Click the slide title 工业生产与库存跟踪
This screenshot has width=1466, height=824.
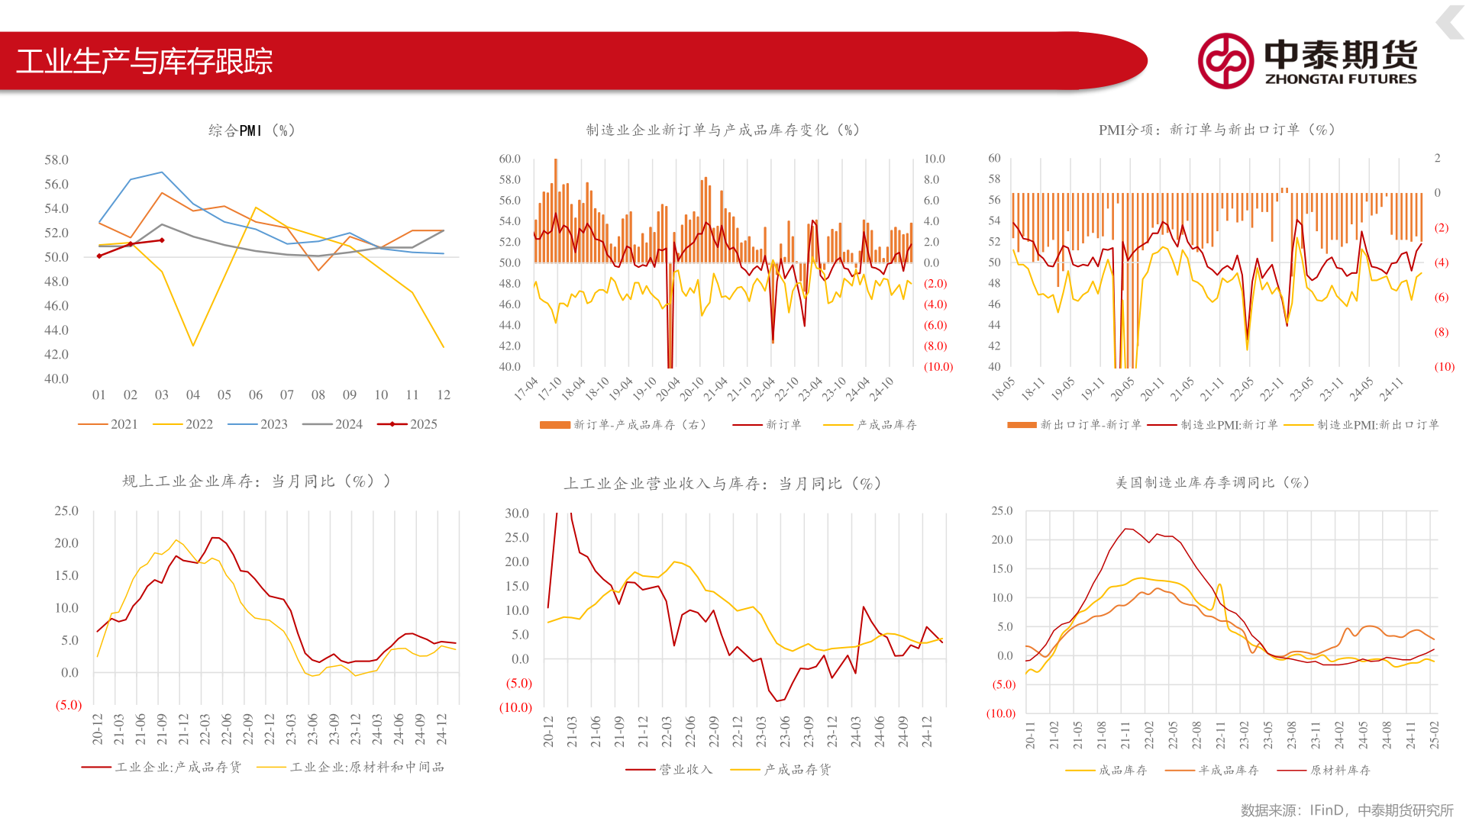[x=144, y=61]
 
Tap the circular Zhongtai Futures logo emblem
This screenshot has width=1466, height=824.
[x=1225, y=61]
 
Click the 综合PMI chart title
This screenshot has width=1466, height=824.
[x=252, y=130]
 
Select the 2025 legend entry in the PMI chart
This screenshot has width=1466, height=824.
[x=407, y=424]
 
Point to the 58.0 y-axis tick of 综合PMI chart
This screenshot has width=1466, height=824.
[x=57, y=159]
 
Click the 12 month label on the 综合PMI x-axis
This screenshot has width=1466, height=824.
[x=444, y=394]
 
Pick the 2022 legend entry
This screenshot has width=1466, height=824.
[x=183, y=424]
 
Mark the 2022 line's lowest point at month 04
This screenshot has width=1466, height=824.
[x=193, y=346]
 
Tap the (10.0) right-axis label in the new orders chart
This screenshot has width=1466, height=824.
[x=938, y=366]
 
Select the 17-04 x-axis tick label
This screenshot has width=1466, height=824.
[x=526, y=388]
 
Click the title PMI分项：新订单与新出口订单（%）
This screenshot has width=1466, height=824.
[x=1217, y=130]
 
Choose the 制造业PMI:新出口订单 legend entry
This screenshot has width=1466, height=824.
[x=1361, y=424]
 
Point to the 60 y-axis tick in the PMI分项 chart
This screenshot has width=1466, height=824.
[x=994, y=158]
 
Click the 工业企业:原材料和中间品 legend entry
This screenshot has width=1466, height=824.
[x=351, y=767]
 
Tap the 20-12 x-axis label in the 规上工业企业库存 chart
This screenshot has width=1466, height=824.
[x=98, y=729]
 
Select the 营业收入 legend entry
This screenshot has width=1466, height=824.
[x=670, y=769]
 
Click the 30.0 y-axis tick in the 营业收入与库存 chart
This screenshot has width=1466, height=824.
[x=517, y=513]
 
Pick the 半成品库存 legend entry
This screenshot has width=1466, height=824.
[x=1213, y=770]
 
